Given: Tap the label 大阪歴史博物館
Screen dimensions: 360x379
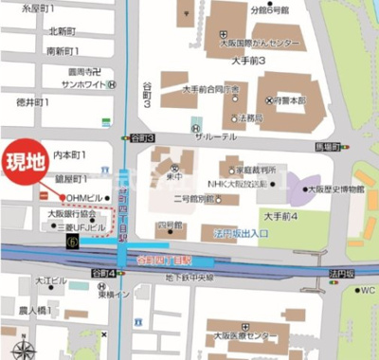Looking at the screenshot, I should tap(335, 189).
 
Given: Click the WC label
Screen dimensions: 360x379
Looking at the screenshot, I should tap(365, 290).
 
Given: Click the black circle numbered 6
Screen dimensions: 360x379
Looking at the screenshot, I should tap(72, 243).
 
